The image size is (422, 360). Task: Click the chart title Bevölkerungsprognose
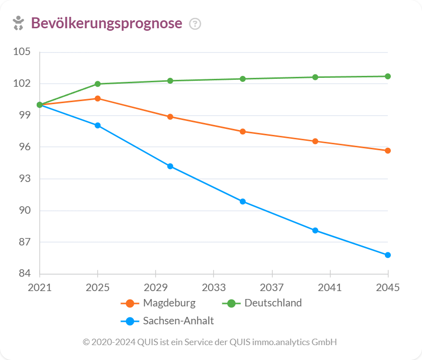(x=106, y=23)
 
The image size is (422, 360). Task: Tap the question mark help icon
(x=195, y=24)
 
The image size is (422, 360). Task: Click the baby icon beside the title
(x=18, y=23)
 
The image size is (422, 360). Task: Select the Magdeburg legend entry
(x=169, y=303)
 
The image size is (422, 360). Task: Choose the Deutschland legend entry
(x=272, y=303)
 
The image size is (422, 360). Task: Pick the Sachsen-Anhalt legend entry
(x=178, y=321)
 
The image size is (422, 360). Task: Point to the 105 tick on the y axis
(x=22, y=52)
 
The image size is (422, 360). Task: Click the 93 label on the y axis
(x=23, y=179)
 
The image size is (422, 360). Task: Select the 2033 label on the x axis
(x=213, y=288)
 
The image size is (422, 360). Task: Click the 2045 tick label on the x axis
(x=388, y=288)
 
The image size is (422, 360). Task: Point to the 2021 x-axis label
(x=40, y=288)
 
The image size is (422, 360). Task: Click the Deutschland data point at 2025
(x=98, y=84)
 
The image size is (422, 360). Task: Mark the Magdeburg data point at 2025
(x=98, y=99)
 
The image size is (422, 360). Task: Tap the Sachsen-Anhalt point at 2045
(x=388, y=255)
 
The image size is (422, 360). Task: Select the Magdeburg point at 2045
(x=388, y=151)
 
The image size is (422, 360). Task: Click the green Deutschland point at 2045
(x=388, y=76)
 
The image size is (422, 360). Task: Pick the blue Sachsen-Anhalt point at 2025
(x=98, y=125)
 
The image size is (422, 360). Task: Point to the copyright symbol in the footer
(x=86, y=342)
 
